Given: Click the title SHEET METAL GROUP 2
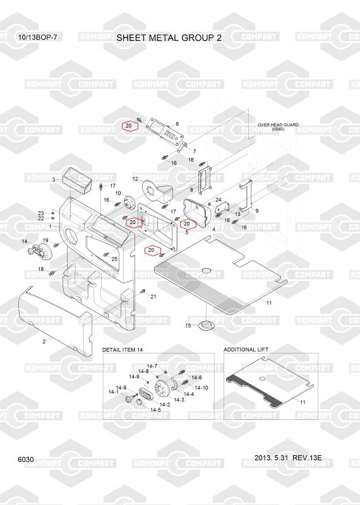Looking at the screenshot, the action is tap(169, 38).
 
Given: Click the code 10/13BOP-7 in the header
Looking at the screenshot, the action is tap(38, 37).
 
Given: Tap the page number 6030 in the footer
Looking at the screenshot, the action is tap(26, 460).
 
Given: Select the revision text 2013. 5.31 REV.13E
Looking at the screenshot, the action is tap(288, 458).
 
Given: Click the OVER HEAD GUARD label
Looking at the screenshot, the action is tap(278, 124).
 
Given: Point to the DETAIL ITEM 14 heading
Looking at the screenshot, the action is tap(122, 350).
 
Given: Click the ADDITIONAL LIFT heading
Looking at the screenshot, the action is tap(246, 350).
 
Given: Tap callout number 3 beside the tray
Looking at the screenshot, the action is tap(54, 180).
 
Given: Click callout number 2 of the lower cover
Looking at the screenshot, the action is tap(44, 342).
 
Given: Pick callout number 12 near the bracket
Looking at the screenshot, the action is tap(135, 179).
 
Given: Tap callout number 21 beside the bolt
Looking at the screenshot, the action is tap(153, 296).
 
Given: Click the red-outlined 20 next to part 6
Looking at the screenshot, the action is tap(129, 126).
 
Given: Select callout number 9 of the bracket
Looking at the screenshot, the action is tap(257, 211).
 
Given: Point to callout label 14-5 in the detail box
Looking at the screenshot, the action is tap(155, 410).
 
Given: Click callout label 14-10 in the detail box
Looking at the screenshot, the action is tap(201, 388).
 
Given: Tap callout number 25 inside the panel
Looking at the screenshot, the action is tap(114, 259).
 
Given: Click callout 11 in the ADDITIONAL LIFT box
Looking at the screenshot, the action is tap(303, 402).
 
